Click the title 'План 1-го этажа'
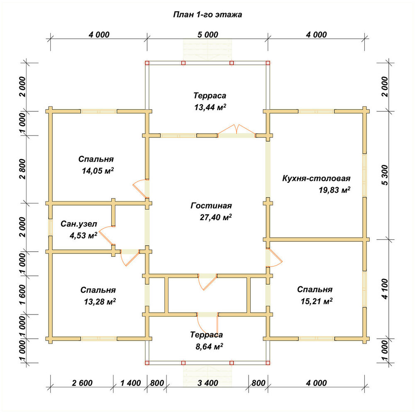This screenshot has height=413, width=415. point(207,14)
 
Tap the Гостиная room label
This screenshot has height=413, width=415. point(211,206)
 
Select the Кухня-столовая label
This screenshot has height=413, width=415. point(316,178)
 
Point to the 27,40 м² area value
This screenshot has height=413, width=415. point(216,217)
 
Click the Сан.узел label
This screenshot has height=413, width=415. point(79,224)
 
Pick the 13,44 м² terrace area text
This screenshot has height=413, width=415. point(210,107)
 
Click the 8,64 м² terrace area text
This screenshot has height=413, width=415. point(209,346)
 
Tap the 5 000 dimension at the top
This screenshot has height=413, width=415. point(208,35)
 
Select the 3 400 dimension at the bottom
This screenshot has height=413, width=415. point(208,383)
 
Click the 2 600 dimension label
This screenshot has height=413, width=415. point(82,383)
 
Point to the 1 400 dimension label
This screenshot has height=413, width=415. point(130,383)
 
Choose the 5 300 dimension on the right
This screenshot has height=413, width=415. point(385,175)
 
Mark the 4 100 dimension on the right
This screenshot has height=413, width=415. point(385,289)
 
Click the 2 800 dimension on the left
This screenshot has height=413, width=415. point(23,169)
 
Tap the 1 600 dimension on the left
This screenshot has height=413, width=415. point(23,295)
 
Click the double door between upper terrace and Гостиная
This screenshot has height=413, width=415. point(237,132)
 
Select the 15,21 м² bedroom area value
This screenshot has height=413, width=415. point(317,301)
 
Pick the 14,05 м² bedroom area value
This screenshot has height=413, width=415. point(98,171)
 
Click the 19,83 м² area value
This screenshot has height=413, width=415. point(334,190)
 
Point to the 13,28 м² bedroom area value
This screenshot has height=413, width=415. point(100,302)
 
